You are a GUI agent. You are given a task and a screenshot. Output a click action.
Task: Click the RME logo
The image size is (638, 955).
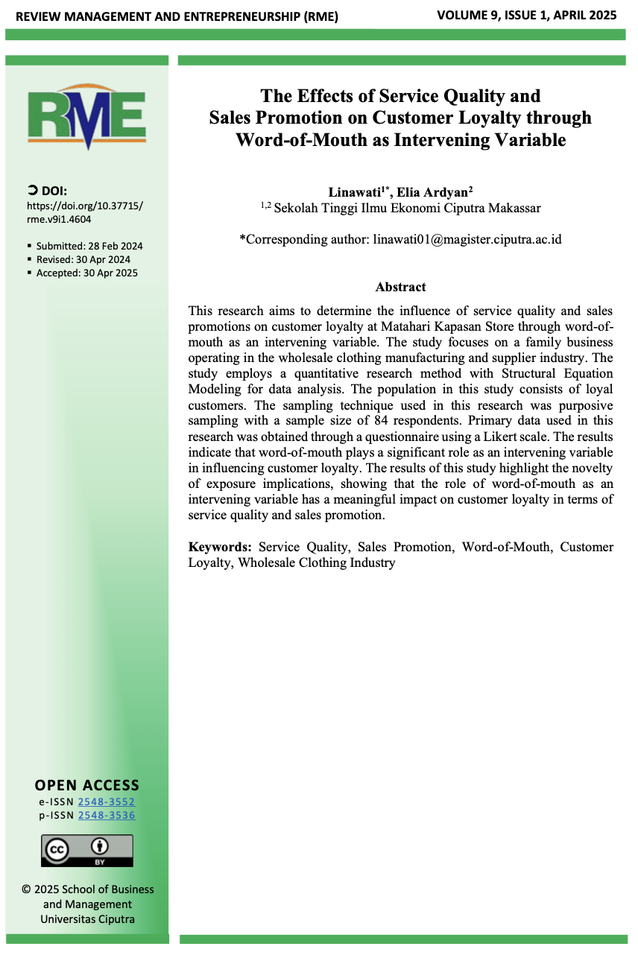(86, 117)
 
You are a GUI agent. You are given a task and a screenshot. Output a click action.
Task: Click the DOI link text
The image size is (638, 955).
(84, 212)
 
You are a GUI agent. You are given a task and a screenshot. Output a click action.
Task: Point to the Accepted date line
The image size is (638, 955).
(87, 273)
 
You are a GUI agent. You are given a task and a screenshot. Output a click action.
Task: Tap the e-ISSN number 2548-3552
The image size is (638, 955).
(107, 802)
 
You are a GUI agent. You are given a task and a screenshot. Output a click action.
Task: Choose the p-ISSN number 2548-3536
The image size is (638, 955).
(107, 815)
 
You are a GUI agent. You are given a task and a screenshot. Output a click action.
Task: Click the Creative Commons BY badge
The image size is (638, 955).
(86, 850)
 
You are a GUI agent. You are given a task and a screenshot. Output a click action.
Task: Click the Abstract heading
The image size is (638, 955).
(401, 287)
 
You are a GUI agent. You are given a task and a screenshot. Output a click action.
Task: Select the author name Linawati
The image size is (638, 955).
(353, 192)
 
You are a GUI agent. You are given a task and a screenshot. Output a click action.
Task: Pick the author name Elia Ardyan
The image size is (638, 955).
(435, 192)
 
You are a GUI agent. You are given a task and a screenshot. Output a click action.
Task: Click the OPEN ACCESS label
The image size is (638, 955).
(87, 785)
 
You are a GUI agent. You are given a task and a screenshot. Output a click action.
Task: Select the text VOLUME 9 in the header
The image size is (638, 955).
(469, 15)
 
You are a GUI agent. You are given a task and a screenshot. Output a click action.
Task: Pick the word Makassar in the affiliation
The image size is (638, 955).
(514, 208)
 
